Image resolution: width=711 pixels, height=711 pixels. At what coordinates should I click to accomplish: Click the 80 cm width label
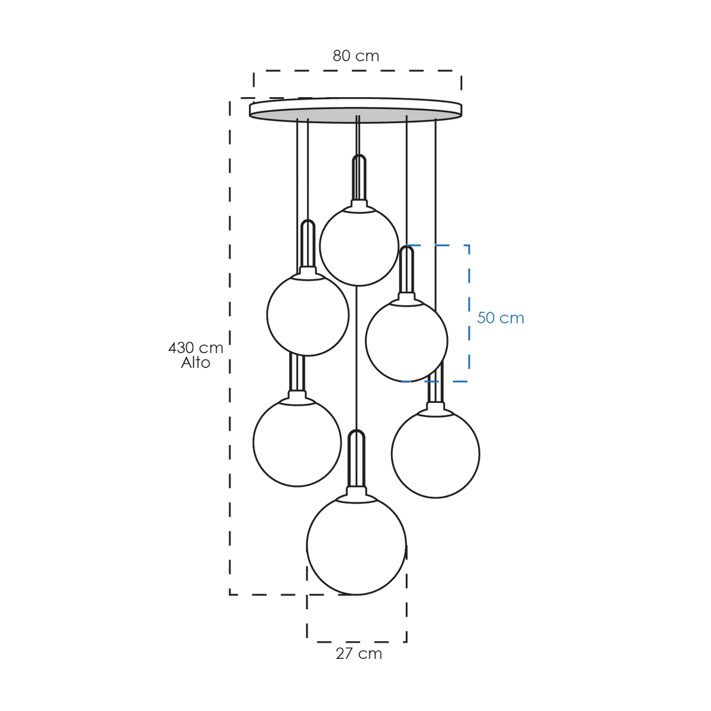(355, 56)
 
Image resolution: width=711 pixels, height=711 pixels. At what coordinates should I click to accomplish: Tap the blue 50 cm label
(500, 318)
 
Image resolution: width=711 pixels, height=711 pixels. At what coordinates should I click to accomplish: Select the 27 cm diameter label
(358, 654)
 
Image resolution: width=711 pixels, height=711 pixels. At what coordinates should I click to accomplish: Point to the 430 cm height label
(196, 348)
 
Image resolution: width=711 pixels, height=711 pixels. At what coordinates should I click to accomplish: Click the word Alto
(196, 363)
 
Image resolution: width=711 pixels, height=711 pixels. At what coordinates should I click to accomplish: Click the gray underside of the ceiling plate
(355, 114)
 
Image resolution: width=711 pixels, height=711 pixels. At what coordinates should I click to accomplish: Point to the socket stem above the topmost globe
(359, 178)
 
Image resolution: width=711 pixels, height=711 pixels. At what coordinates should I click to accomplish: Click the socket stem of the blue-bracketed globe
(406, 270)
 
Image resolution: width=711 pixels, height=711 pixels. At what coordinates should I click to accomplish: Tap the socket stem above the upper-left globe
(308, 244)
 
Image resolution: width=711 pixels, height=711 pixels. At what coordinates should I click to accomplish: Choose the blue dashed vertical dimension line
(469, 313)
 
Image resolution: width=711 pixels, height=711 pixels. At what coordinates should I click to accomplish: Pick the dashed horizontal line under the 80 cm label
(357, 71)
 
